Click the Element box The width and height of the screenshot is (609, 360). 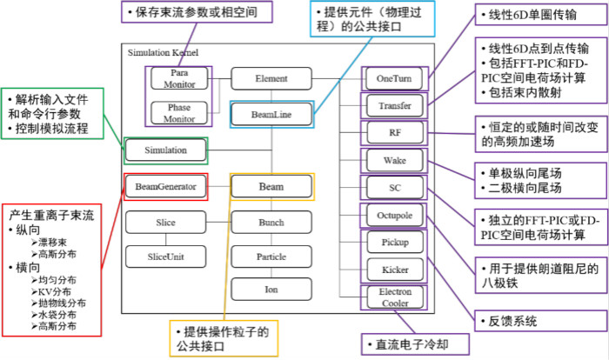pos(271,78)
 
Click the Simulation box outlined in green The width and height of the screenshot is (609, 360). pos(167,150)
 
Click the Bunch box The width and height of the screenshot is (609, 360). pos(271,223)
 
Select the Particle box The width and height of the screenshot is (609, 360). pos(271,257)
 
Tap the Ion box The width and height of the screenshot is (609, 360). pos(271,289)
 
